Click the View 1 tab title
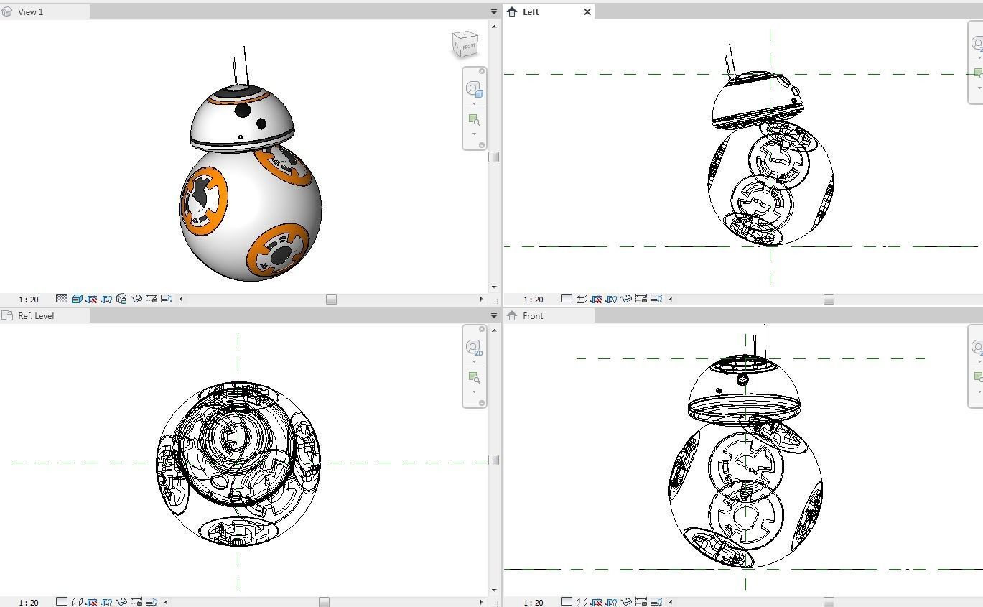[30, 12]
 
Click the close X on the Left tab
[587, 12]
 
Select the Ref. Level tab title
[36, 316]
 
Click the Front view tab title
[533, 316]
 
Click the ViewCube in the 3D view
[465, 45]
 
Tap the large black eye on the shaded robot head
[243, 110]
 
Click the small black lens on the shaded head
[261, 124]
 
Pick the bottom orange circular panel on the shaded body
[279, 251]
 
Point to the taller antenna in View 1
[246, 66]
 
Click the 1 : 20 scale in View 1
[29, 299]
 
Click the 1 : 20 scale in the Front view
[533, 602]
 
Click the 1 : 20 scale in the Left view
[533, 299]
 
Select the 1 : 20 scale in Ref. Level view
[29, 602]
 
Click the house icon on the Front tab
[512, 316]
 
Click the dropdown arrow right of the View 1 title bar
[494, 12]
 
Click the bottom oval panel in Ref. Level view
[238, 530]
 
